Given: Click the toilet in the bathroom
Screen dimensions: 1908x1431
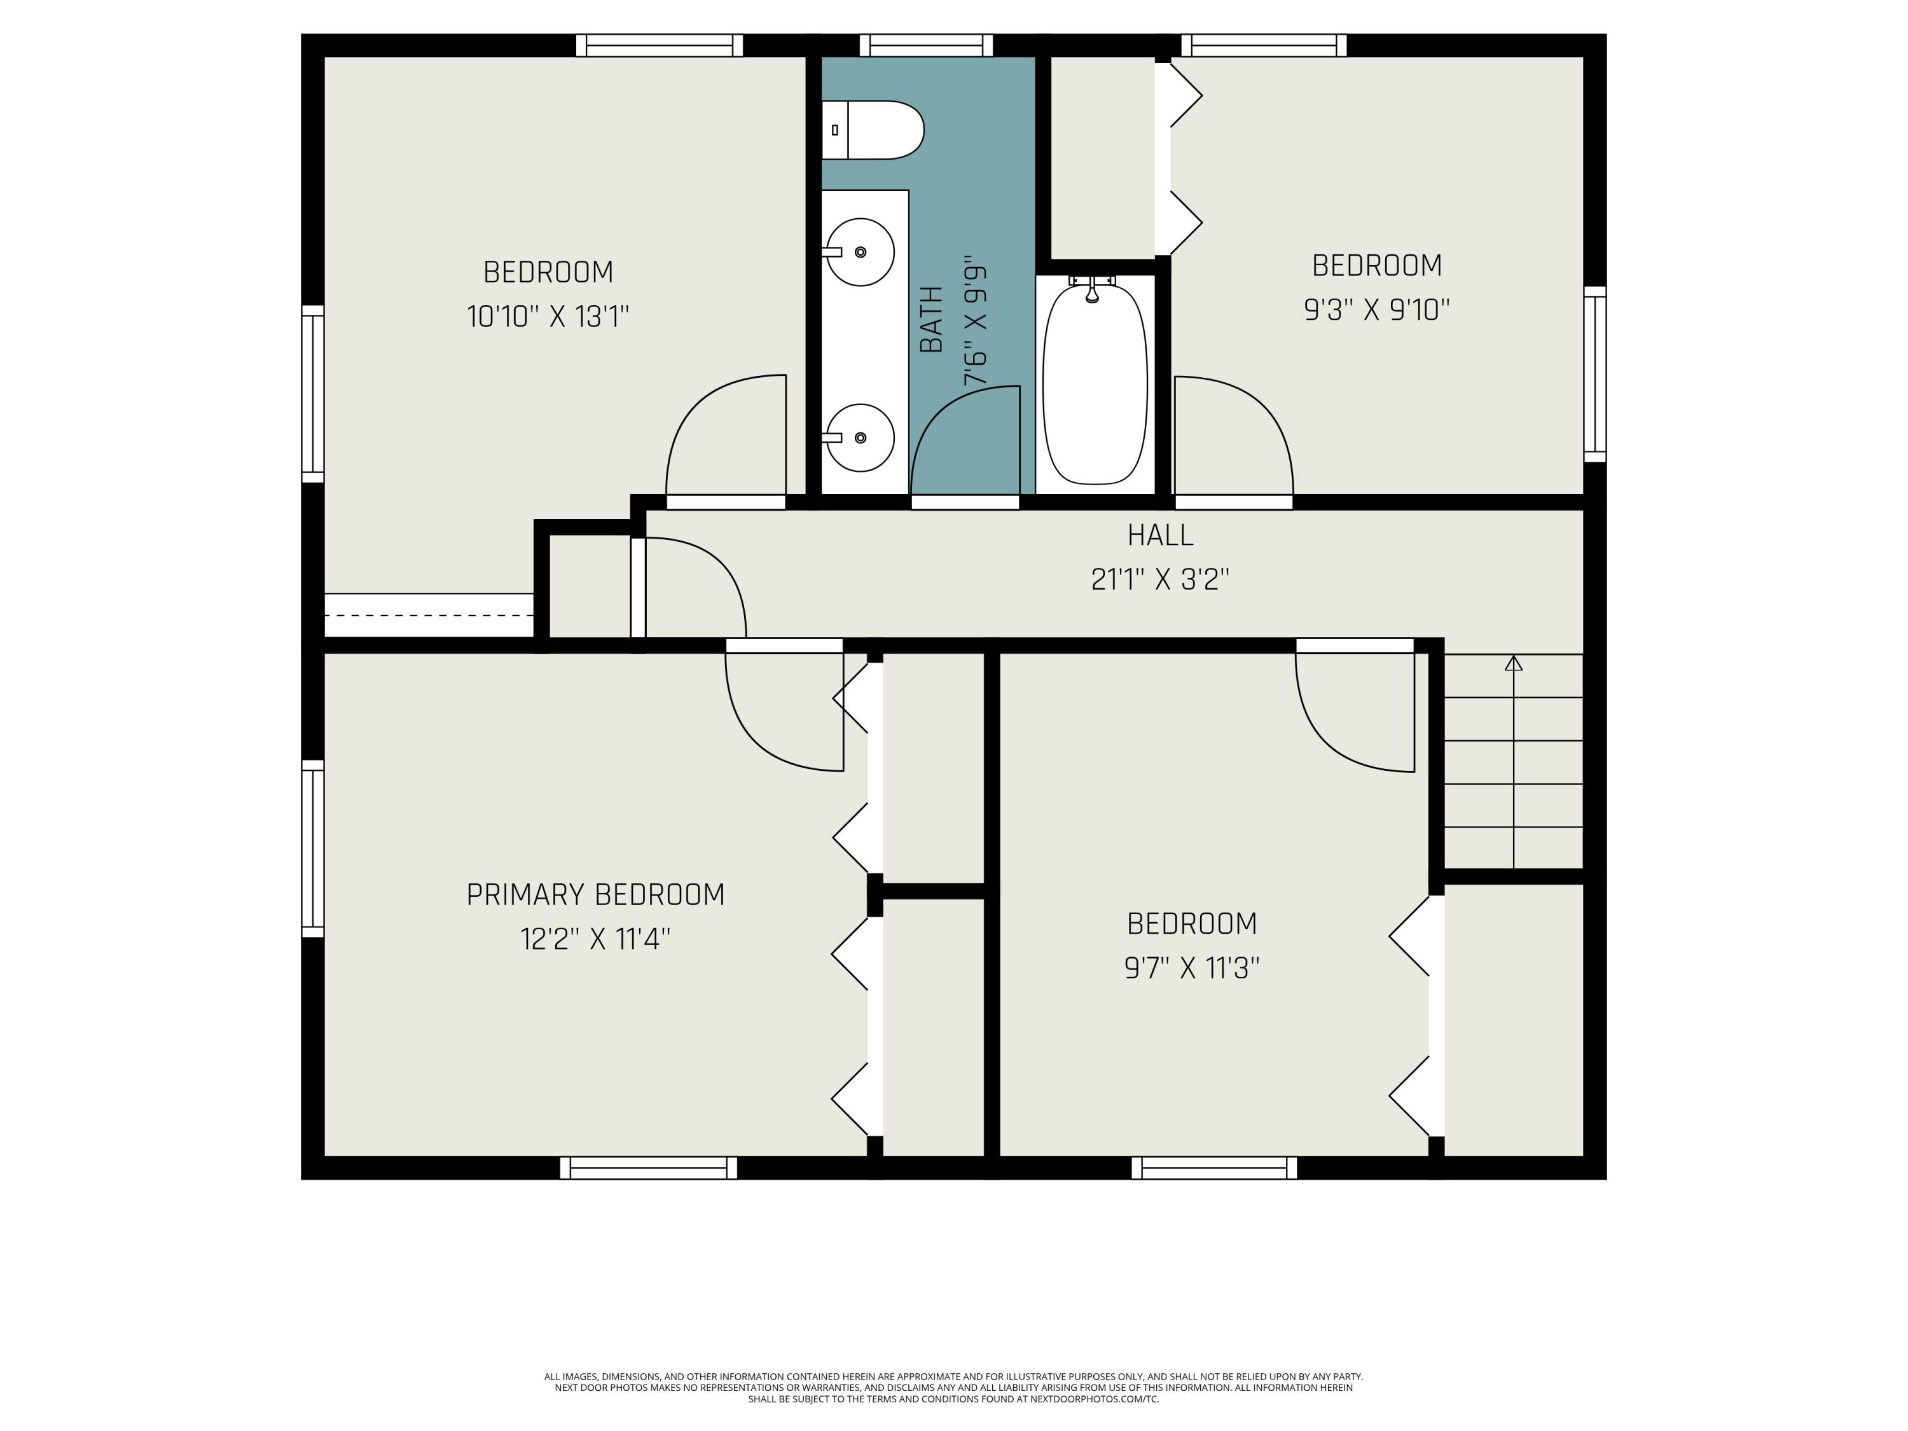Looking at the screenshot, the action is pyautogui.click(x=872, y=130).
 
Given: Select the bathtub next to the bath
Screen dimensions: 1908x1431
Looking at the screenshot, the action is pyautogui.click(x=1095, y=385).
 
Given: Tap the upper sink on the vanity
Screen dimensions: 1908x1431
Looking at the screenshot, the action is pyautogui.click(x=860, y=251).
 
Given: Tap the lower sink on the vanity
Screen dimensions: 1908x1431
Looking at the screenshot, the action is pyautogui.click(x=860, y=438).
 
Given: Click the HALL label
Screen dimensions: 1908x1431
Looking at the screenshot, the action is pyautogui.click(x=1160, y=536).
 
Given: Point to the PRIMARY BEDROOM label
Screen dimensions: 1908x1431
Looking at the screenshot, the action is pyautogui.click(x=595, y=894).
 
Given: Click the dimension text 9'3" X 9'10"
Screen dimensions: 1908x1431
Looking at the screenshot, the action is pyautogui.click(x=1377, y=310).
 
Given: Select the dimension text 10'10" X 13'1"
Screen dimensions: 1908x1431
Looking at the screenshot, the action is pyautogui.click(x=548, y=317).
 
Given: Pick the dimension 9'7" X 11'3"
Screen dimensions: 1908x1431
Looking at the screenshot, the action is pyautogui.click(x=1191, y=969).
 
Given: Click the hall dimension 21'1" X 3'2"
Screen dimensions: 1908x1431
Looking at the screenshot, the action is pyautogui.click(x=1160, y=579).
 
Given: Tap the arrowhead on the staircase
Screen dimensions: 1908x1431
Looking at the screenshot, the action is pyautogui.click(x=1514, y=663).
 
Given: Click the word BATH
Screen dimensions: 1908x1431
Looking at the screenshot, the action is pyautogui.click(x=932, y=319).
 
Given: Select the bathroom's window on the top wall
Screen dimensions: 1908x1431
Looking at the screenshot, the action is pyautogui.click(x=927, y=45).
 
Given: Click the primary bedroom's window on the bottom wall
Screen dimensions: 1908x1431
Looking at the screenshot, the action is pyautogui.click(x=649, y=1168).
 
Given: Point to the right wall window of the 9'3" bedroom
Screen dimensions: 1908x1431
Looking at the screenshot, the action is pyautogui.click(x=1595, y=375).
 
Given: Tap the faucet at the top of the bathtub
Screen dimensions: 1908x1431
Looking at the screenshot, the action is pyautogui.click(x=1092, y=289).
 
